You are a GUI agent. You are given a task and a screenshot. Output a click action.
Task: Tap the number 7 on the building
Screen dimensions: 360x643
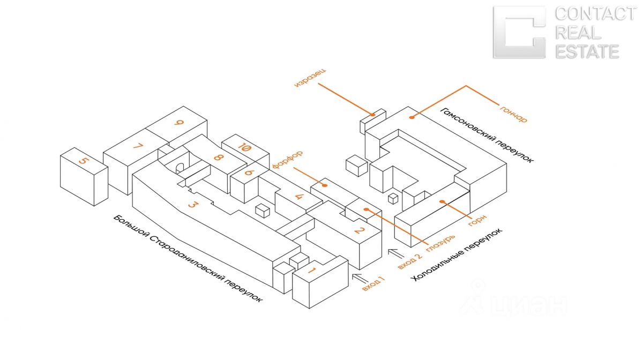click(x=138, y=146)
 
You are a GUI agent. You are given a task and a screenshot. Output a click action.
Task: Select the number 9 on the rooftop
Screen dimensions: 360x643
click(x=179, y=123)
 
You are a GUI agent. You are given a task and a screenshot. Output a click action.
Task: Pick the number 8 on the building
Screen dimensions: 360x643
click(x=218, y=158)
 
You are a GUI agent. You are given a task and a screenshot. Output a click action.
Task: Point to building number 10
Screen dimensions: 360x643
click(x=244, y=148)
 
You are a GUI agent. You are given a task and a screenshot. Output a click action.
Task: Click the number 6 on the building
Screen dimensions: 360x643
click(x=248, y=172)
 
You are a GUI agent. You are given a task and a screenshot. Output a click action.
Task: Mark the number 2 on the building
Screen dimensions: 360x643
click(x=360, y=231)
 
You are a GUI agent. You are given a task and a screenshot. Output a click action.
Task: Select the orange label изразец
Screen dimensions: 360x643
click(x=311, y=78)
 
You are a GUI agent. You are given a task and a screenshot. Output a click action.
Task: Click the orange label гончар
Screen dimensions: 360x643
click(x=514, y=111)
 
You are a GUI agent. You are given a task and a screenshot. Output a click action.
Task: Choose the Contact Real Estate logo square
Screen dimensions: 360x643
click(x=519, y=32)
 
